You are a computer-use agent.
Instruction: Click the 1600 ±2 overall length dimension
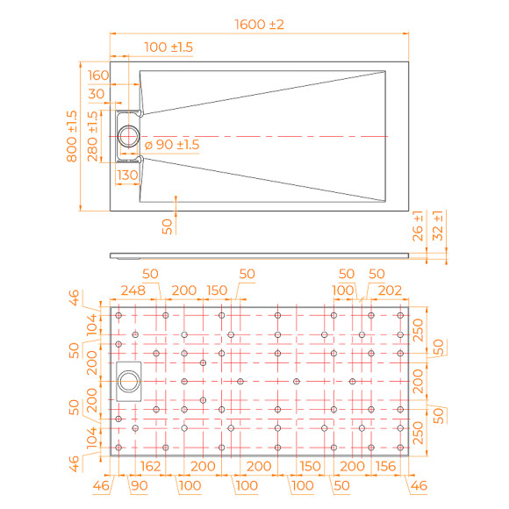259,25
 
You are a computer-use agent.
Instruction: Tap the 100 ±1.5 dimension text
168,46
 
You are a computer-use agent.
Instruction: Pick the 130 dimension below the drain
128,176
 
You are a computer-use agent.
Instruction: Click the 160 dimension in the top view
98,75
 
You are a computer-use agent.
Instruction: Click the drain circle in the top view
129,137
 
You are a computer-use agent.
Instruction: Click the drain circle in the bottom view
128,381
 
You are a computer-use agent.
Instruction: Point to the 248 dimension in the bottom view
133,290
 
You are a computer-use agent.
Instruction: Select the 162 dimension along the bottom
149,465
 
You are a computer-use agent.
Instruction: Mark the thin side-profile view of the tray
260,255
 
